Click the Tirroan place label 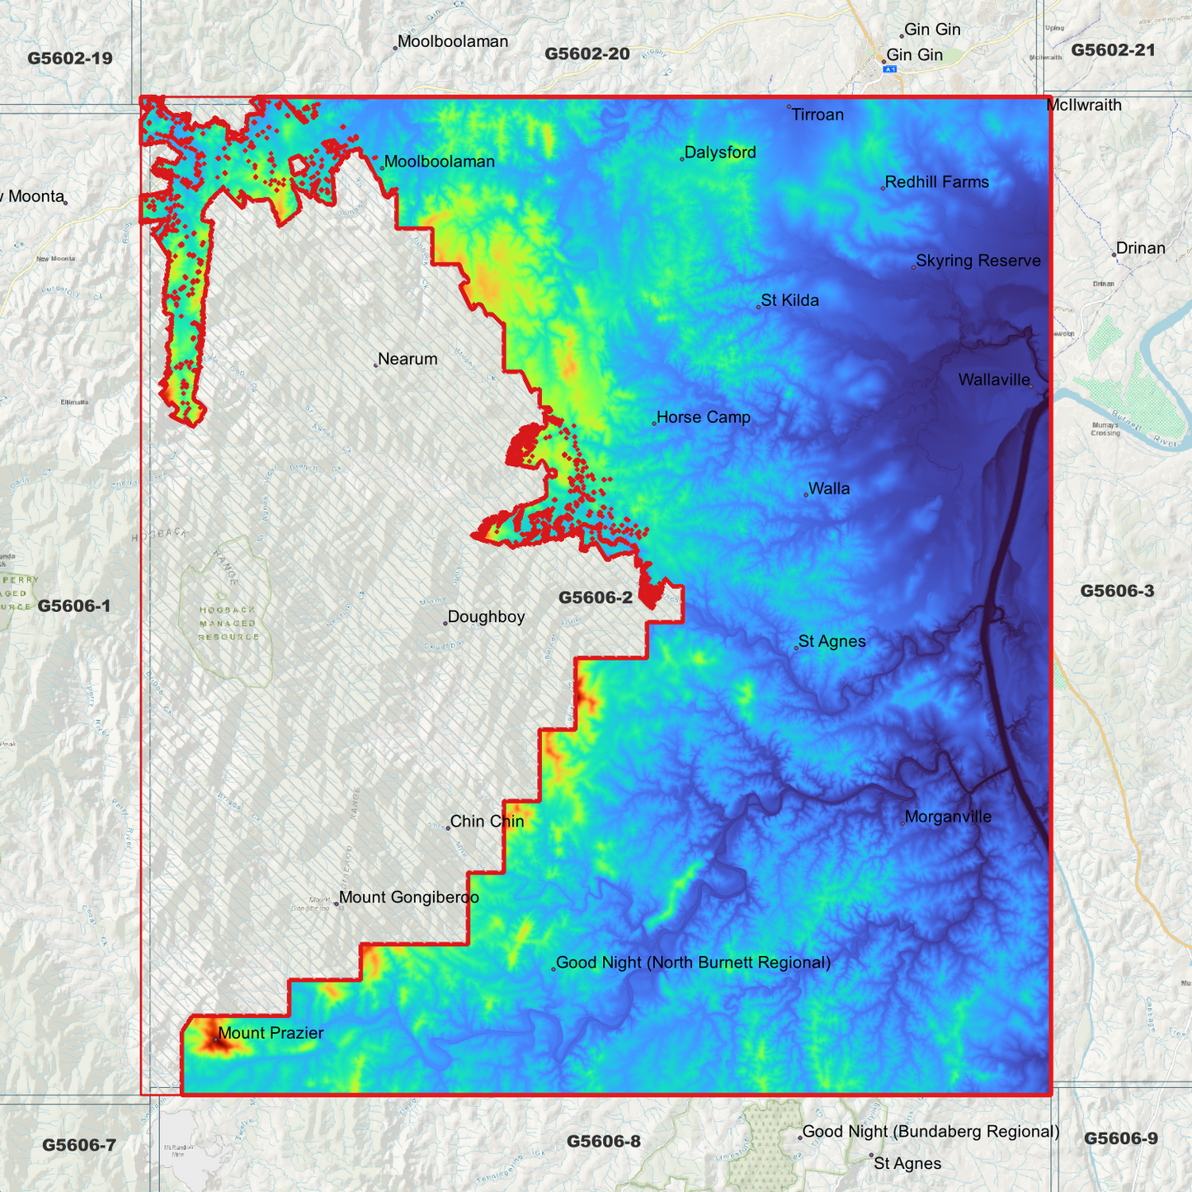click(817, 115)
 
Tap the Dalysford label click(720, 153)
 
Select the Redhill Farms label click(936, 182)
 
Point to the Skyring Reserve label click(978, 261)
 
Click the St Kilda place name click(789, 300)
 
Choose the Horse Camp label click(703, 417)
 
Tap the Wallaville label click(994, 380)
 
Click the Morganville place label click(948, 817)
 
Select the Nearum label click(408, 360)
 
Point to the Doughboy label click(486, 617)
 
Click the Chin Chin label click(487, 822)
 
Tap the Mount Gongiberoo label click(408, 898)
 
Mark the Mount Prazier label click(271, 1034)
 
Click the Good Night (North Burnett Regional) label click(693, 963)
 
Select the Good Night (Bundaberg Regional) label click(931, 1132)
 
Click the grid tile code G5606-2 click(596, 598)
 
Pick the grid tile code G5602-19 click(70, 59)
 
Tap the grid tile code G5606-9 click(1120, 1139)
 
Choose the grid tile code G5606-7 click(79, 1145)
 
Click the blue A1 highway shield click(890, 70)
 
